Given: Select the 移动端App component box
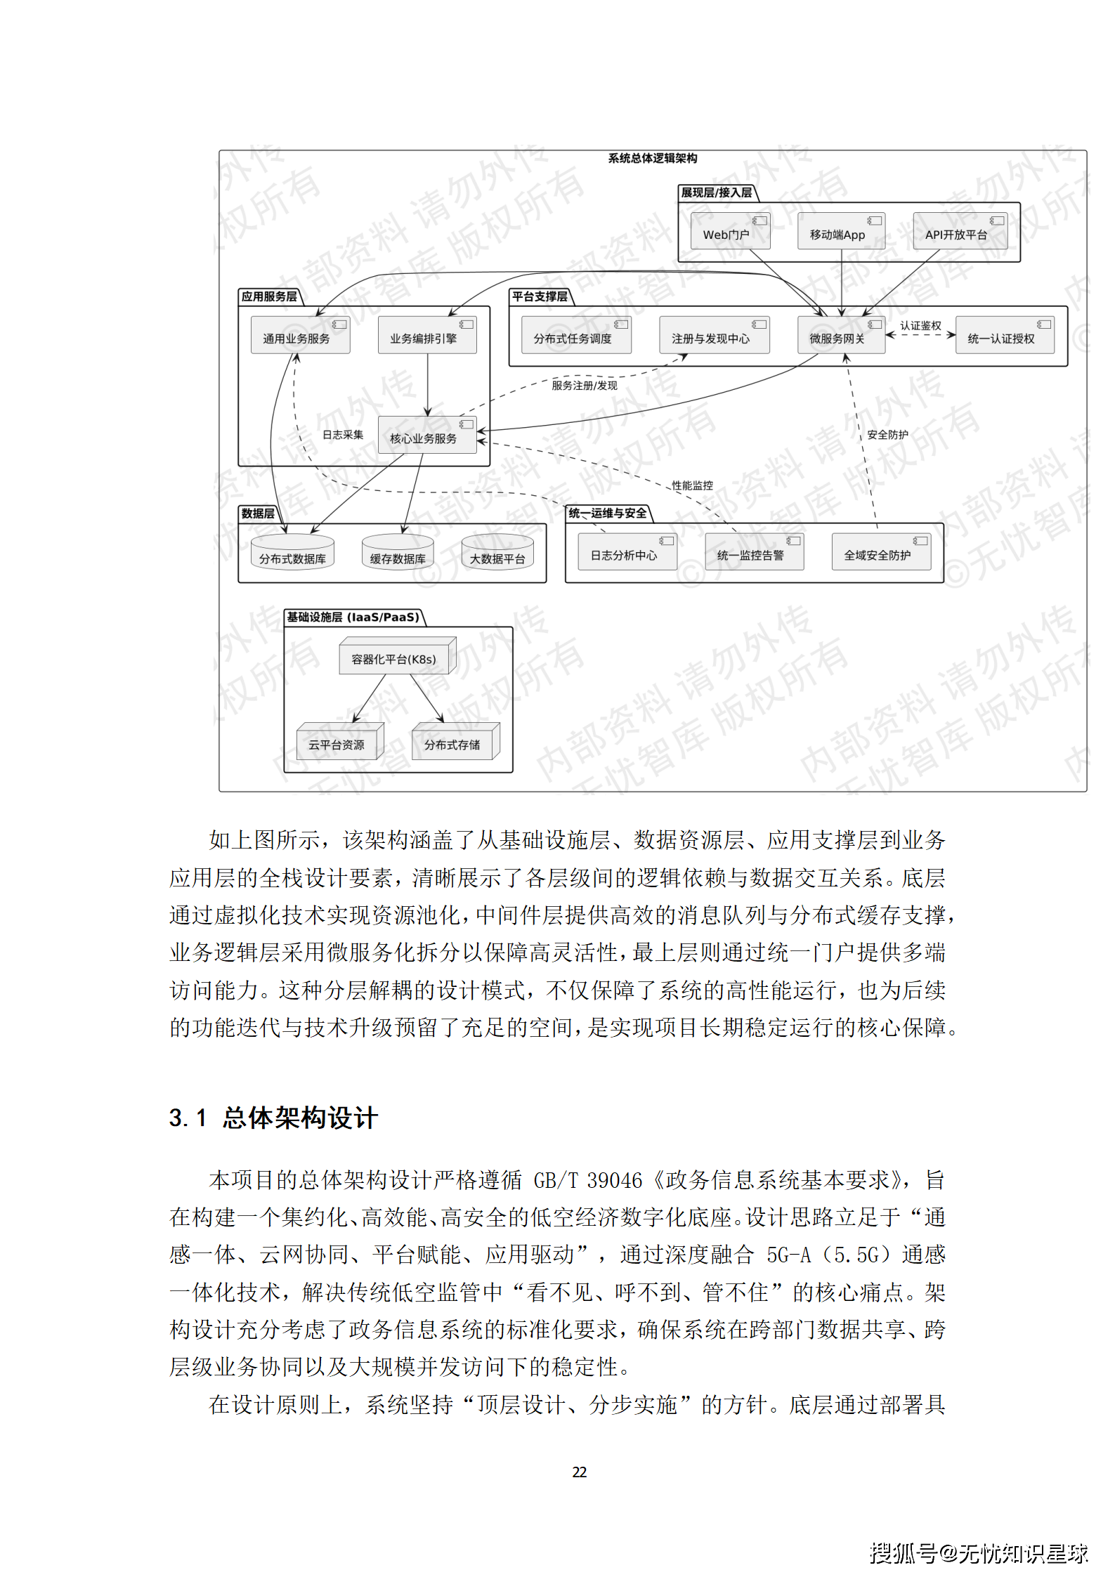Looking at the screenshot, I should tap(840, 232).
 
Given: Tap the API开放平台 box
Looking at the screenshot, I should tap(959, 232).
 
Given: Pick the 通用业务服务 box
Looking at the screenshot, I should tap(300, 335).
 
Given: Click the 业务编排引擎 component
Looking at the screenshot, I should tap(426, 335).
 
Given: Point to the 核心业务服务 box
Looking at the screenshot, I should tap(426, 435).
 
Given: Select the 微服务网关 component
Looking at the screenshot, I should tap(840, 335).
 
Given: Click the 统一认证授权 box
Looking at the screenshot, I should tap(1004, 335).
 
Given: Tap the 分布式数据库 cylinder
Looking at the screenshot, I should tap(292, 554).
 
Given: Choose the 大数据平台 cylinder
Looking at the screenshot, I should tap(497, 554).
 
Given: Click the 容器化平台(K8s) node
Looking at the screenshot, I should tap(395, 657).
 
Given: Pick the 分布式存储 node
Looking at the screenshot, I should tap(454, 742).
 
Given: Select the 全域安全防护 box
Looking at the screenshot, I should tap(880, 553).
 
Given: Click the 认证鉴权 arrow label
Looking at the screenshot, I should tap(920, 325).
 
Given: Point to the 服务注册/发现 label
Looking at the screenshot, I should tap(584, 385).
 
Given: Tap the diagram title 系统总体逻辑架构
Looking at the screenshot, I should tap(652, 159).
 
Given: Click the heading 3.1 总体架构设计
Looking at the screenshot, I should tap(274, 1118).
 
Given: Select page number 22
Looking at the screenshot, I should tap(579, 1472).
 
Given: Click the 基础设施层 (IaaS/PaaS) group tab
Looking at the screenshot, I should tap(353, 617).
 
